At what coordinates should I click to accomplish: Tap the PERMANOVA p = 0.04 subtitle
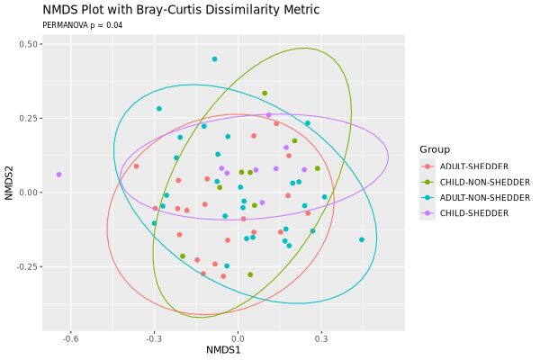pos(83,24)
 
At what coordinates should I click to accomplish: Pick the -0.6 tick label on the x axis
pos(70,339)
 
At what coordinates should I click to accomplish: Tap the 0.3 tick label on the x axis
pos(321,339)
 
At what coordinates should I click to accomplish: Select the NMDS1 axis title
pos(223,350)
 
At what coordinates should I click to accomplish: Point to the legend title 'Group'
pos(435,148)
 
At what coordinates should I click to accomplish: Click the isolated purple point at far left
pos(59,175)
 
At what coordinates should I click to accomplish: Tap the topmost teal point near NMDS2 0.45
pos(214,59)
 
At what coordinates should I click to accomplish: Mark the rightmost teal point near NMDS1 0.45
pos(362,239)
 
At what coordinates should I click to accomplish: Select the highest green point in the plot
pos(265,93)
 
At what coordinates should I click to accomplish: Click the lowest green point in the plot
pos(250,274)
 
